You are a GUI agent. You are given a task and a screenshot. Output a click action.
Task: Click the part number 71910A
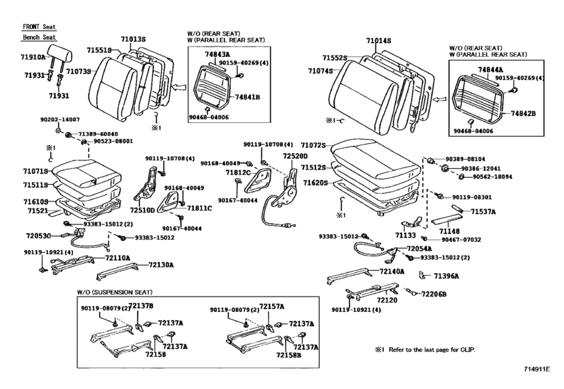[31, 57]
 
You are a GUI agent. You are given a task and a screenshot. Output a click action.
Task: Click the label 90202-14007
[60, 120]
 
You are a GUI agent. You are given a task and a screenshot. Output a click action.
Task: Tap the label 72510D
[144, 210]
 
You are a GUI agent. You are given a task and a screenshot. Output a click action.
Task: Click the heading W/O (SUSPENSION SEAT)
[115, 292]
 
